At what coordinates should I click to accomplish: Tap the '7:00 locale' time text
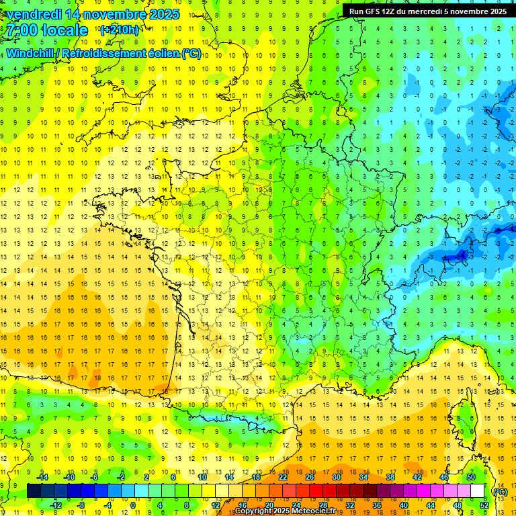(x=48, y=30)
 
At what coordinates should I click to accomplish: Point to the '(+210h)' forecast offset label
(x=120, y=30)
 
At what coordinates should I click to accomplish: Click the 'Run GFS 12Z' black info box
(x=427, y=11)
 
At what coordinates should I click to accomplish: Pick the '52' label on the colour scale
(x=484, y=505)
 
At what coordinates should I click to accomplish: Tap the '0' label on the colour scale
(x=133, y=505)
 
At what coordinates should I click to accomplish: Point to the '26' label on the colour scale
(x=310, y=477)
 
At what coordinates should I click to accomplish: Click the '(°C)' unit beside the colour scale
(x=500, y=491)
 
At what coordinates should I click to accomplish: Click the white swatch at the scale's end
(x=478, y=491)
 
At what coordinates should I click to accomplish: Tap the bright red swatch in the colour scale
(x=316, y=491)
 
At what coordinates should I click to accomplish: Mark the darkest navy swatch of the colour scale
(x=34, y=491)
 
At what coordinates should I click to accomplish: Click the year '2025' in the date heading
(x=164, y=14)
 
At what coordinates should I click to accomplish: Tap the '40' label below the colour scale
(x=403, y=505)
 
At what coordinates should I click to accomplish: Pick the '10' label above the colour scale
(x=202, y=477)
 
